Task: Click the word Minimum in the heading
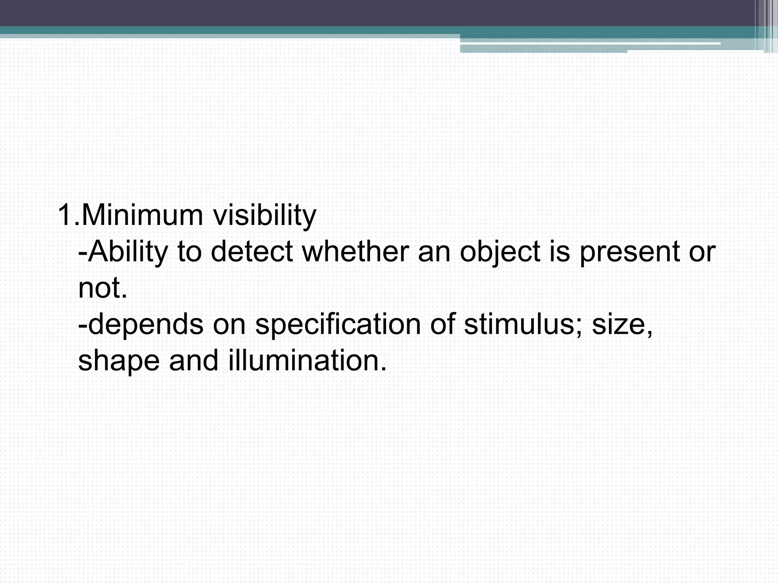click(x=142, y=215)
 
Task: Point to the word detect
click(x=251, y=251)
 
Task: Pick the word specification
click(x=338, y=325)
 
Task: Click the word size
click(x=620, y=324)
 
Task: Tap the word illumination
click(x=306, y=360)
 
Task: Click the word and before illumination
click(x=194, y=360)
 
